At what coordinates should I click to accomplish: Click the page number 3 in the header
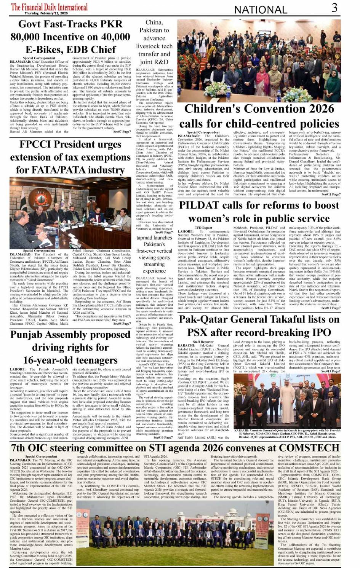coord(334,7)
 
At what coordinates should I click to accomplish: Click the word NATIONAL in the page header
coord(261,10)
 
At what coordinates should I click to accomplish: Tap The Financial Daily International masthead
coord(49,7)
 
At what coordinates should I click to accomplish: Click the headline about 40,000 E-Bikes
coord(70,37)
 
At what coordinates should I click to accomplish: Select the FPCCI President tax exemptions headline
coord(70,157)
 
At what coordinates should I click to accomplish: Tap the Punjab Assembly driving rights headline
coord(70,347)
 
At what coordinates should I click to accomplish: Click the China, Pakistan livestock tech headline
coord(154,42)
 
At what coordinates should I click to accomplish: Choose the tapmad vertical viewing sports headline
coord(154,254)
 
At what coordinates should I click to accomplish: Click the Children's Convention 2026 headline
coord(259,116)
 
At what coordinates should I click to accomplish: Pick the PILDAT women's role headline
coord(259,212)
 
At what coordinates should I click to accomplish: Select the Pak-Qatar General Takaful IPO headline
coord(259,325)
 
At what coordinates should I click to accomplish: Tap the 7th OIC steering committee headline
coord(175,447)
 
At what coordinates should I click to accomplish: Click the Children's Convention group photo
coord(259,61)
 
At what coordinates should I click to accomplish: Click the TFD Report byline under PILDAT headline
coord(203,228)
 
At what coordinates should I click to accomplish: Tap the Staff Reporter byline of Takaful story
coord(203,342)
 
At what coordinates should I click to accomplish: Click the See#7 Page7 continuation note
coord(122,131)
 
